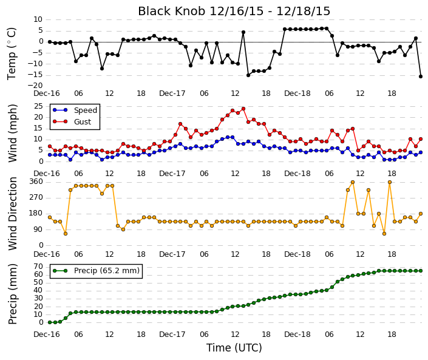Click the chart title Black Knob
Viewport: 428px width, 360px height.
click(234, 12)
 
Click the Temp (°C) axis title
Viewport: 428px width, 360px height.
click(12, 54)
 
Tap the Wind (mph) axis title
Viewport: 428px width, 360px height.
click(13, 133)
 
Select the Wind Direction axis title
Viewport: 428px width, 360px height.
click(13, 214)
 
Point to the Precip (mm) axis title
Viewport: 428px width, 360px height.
click(13, 294)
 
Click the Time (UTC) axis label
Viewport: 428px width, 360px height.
click(234, 348)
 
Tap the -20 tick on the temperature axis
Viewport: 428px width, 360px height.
click(35, 86)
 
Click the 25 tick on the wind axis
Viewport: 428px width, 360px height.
click(39, 106)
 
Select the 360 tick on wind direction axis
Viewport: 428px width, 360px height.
click(36, 182)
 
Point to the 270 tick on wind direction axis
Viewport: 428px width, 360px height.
click(36, 197)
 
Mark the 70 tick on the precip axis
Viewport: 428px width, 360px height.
click(39, 267)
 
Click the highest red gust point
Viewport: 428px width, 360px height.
click(243, 109)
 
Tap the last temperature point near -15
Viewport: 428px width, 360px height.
click(421, 76)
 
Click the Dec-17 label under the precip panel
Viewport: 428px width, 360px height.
click(172, 335)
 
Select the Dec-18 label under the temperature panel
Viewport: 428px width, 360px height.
click(297, 93)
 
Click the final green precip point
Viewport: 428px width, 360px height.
click(421, 271)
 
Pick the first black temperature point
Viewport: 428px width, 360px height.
click(50, 42)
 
